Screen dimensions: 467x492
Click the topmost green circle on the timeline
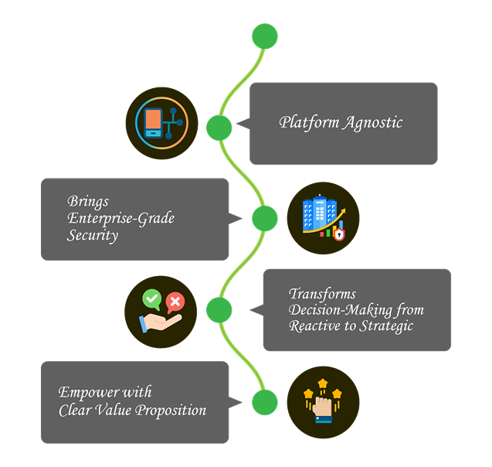click(x=265, y=36)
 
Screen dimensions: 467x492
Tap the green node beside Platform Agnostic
click(x=219, y=128)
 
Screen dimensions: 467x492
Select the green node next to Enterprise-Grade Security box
click(x=265, y=218)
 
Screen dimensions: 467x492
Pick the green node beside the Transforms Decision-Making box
click(x=219, y=310)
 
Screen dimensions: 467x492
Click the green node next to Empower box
click(x=265, y=402)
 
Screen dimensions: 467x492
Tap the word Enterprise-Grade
click(x=120, y=219)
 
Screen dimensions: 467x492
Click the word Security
click(x=93, y=236)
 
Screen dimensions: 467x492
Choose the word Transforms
click(x=322, y=294)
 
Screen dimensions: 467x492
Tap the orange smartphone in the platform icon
click(x=154, y=122)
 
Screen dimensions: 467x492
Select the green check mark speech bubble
click(x=151, y=298)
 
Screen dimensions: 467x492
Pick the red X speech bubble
click(x=175, y=302)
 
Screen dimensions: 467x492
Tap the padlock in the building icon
click(x=338, y=233)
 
